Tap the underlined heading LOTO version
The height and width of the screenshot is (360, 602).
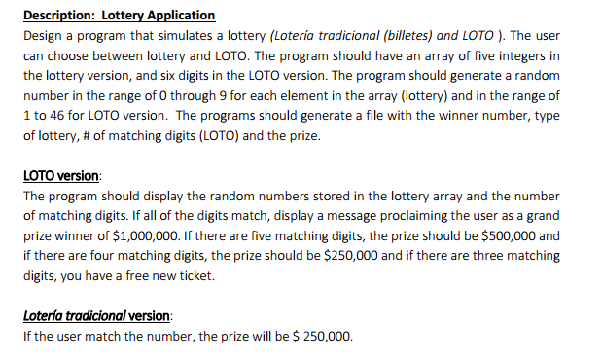coord(60,176)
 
